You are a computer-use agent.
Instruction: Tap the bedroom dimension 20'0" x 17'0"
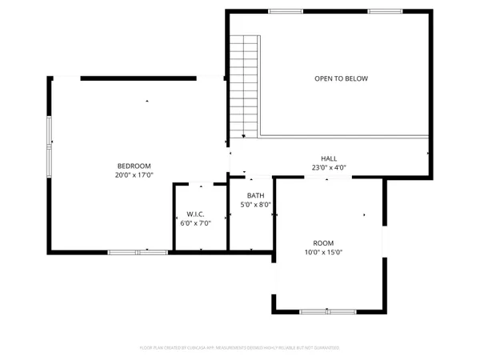pyautogui.click(x=134, y=174)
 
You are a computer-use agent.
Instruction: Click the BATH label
pyautogui.click(x=256, y=196)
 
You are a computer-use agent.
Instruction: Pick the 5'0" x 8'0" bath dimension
pyautogui.click(x=256, y=205)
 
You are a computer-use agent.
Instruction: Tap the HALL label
pyautogui.click(x=329, y=159)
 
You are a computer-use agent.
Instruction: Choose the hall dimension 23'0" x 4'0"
pyautogui.click(x=329, y=168)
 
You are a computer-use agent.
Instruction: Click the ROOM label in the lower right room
pyautogui.click(x=323, y=243)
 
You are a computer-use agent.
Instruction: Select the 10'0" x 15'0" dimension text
pyautogui.click(x=323, y=252)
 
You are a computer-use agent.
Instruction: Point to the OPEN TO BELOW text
pyautogui.click(x=341, y=78)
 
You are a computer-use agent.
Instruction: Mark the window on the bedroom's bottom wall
pyautogui.click(x=138, y=252)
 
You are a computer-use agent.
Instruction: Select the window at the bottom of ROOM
pyautogui.click(x=328, y=310)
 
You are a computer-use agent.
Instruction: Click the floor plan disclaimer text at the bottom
pyautogui.click(x=240, y=348)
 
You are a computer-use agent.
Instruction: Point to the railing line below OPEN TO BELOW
pyautogui.click(x=344, y=137)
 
